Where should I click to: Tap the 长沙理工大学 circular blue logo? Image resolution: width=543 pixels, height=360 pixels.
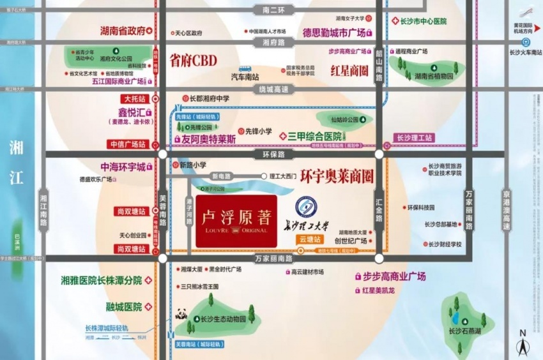pos(306,207)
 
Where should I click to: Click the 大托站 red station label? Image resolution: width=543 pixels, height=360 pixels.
pos(135,100)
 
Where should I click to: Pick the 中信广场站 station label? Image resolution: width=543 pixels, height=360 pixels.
pos(128,144)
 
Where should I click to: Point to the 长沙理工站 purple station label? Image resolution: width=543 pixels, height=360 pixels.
pos(414,137)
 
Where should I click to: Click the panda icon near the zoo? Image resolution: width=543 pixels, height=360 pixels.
pos(181,314)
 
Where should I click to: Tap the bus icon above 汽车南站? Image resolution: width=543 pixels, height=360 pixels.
pos(245,68)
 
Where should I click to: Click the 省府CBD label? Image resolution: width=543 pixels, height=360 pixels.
pos(193,61)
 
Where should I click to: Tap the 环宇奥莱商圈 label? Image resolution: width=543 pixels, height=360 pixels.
pos(337,176)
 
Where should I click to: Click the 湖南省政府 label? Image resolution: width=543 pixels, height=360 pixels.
pos(123,30)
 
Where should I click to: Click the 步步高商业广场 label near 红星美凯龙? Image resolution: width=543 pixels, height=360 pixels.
pos(394,276)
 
